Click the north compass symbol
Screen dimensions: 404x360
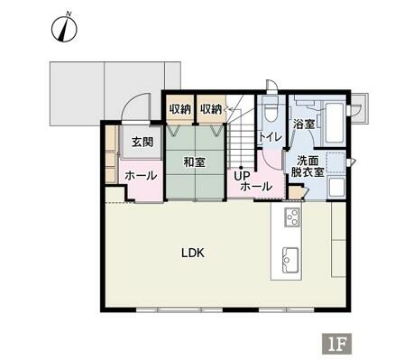(64, 28)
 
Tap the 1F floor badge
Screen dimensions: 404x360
(337, 343)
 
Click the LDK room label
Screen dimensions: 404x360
(193, 253)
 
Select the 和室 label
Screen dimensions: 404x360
(195, 162)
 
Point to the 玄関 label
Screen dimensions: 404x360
(142, 142)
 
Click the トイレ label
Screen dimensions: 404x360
(271, 137)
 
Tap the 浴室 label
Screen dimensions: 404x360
(304, 124)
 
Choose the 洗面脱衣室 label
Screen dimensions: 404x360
(308, 166)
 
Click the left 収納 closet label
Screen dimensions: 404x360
(179, 109)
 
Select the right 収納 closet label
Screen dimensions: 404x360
(211, 109)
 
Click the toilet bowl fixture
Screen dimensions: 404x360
(271, 110)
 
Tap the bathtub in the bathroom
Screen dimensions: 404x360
(335, 124)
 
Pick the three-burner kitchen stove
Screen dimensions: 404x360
(293, 217)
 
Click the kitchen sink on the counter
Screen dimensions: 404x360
(290, 261)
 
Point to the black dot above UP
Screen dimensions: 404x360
(241, 168)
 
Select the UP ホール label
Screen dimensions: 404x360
(253, 181)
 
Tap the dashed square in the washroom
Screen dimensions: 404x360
(335, 162)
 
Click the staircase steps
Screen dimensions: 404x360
(241, 145)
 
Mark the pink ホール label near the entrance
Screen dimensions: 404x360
(141, 175)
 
